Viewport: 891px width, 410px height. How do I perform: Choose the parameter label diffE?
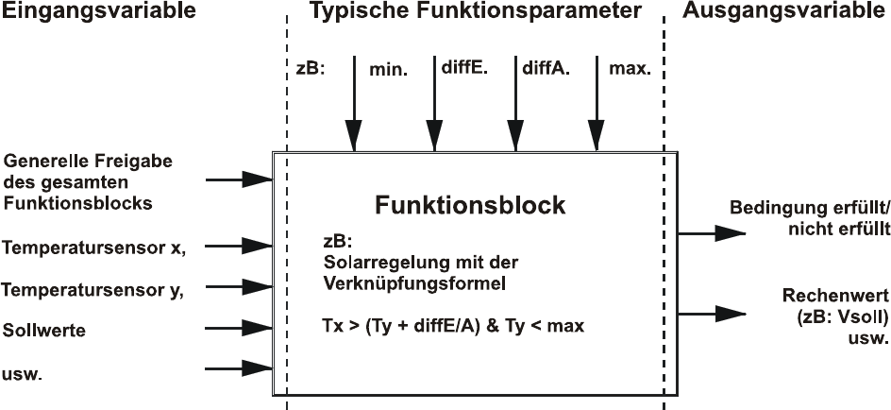(x=462, y=68)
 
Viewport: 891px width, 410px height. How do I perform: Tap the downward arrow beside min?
(x=353, y=104)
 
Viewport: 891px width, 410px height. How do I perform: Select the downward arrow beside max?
(x=597, y=104)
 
